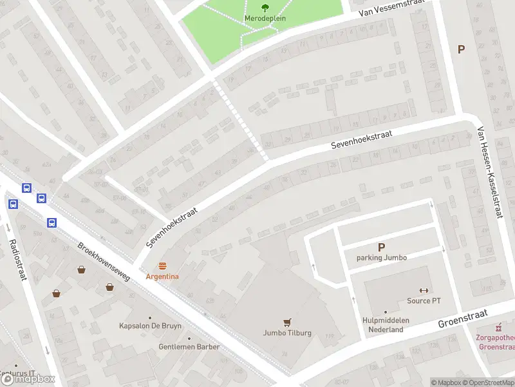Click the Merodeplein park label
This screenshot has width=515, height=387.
click(265, 19)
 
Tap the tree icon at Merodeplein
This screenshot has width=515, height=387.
click(265, 8)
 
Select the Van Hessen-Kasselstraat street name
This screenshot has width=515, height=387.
click(489, 172)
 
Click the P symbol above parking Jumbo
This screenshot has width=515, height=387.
click(381, 246)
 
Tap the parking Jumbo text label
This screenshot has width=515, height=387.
click(381, 258)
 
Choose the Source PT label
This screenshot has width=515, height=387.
click(424, 301)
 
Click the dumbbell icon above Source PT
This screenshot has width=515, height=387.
click(424, 290)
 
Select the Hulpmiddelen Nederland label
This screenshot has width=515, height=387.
click(386, 324)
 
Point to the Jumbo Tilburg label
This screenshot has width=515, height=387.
click(287, 333)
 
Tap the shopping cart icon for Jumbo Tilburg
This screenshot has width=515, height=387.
click(287, 322)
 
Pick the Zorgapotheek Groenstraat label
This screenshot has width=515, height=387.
click(496, 341)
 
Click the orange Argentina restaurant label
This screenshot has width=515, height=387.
click(162, 277)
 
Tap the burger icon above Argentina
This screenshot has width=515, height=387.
click(162, 266)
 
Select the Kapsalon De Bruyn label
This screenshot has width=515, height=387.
click(150, 325)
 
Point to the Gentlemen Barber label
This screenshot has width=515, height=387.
click(189, 346)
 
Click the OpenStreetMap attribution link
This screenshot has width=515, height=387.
click(487, 382)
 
